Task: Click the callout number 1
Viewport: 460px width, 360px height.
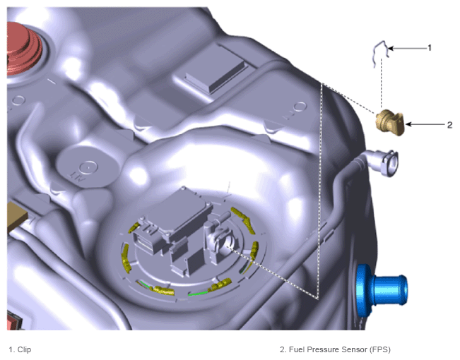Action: coord(430,48)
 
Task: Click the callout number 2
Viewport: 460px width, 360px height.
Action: coord(449,125)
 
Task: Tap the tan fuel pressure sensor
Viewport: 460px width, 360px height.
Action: coord(390,122)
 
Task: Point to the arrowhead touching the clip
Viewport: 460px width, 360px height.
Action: coord(391,48)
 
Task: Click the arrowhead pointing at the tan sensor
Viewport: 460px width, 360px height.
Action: coord(408,125)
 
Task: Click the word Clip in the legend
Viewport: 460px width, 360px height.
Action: coord(24,349)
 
